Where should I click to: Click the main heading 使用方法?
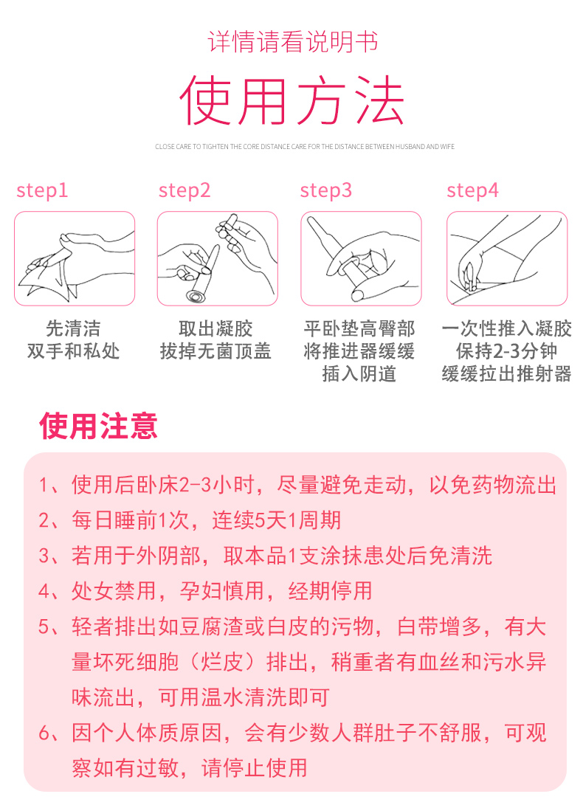click(x=292, y=100)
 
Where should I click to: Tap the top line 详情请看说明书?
click(x=292, y=42)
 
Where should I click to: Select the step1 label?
click(x=42, y=190)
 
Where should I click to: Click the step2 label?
click(x=184, y=190)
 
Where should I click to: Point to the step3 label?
click(x=326, y=190)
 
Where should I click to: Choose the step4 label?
click(x=473, y=190)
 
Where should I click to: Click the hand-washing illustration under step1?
click(x=75, y=258)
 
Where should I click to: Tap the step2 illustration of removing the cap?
click(x=217, y=258)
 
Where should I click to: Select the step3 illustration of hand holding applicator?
click(x=360, y=258)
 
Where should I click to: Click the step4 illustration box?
click(x=507, y=258)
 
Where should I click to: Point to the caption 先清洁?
click(x=73, y=328)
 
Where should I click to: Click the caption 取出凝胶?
click(x=215, y=328)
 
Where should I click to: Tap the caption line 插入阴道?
click(x=359, y=373)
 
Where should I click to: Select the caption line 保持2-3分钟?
click(x=506, y=351)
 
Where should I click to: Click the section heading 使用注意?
click(x=98, y=427)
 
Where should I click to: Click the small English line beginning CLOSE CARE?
click(x=305, y=146)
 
